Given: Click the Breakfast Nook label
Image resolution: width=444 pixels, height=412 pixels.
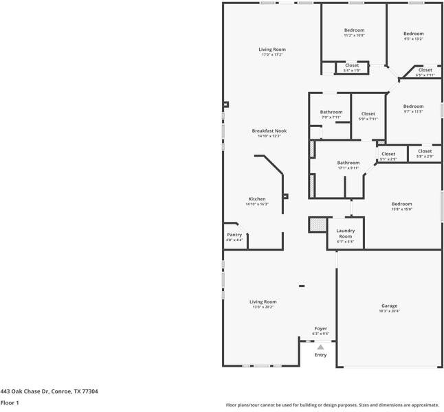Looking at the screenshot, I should pyautogui.click(x=269, y=130).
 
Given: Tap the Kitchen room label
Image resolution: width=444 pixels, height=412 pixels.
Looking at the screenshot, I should pyautogui.click(x=256, y=199).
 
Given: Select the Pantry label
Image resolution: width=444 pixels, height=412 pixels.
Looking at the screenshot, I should pyautogui.click(x=234, y=235).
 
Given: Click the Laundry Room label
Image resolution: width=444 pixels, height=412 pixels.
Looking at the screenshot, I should pyautogui.click(x=345, y=233).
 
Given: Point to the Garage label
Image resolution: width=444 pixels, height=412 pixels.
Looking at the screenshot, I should pyautogui.click(x=389, y=306).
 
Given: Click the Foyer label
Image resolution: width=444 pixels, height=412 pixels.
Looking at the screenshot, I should pyautogui.click(x=321, y=329).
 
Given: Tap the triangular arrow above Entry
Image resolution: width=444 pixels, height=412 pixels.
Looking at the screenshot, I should pyautogui.click(x=320, y=347).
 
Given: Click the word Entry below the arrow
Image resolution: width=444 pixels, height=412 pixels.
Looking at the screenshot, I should pyautogui.click(x=321, y=355).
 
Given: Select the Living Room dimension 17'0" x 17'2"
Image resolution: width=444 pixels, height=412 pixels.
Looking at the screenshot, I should pyautogui.click(x=272, y=55).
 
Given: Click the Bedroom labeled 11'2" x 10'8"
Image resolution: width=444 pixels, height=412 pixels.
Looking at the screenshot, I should pyautogui.click(x=354, y=30).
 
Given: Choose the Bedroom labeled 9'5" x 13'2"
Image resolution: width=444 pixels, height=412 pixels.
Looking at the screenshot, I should pyautogui.click(x=413, y=34).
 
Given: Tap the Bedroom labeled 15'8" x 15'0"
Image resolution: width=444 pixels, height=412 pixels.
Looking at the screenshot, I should pyautogui.click(x=402, y=204).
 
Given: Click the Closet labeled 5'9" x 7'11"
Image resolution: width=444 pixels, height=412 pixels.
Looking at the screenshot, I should pyautogui.click(x=368, y=114).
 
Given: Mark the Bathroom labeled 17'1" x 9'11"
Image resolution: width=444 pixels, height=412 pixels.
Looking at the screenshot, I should pyautogui.click(x=348, y=163).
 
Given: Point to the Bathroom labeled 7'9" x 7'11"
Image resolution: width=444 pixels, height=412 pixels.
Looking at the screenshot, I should pyautogui.click(x=331, y=112).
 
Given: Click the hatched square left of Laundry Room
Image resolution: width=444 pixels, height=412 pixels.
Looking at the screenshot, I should pyautogui.click(x=317, y=225).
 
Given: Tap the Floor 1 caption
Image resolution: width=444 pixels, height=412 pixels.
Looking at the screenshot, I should pyautogui.click(x=10, y=403).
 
